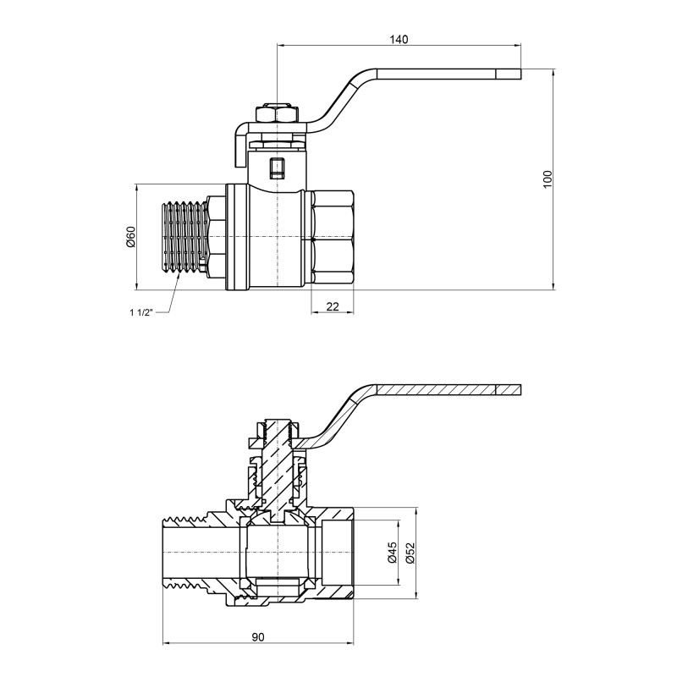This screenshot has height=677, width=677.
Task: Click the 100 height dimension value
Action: coord(548,178)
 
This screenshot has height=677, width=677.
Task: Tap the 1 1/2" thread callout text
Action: coord(140,312)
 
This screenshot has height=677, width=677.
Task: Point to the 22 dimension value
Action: coord(332,305)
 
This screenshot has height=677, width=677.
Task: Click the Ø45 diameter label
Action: coord(391,553)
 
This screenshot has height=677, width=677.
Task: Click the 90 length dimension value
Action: coord(257,636)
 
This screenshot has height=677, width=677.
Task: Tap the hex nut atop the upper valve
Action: coord(277,113)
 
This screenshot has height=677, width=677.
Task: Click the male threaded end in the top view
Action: coord(184,237)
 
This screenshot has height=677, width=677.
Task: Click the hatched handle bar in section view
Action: coord(440,391)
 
